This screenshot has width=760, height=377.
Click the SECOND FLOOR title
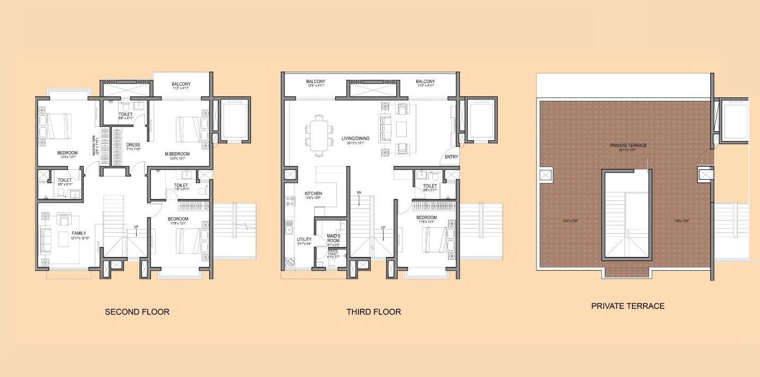[x=137, y=312]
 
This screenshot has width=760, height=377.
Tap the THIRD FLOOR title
[x=373, y=312]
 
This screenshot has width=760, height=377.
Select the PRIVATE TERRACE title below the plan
[x=628, y=306]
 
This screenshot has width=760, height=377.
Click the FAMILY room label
[x=78, y=233]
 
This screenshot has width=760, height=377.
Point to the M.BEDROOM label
[x=177, y=154]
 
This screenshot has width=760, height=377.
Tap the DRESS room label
[x=132, y=145]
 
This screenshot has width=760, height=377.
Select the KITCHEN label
[x=313, y=194]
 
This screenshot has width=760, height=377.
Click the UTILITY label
[x=304, y=240]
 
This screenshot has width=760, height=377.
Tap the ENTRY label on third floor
[x=451, y=157]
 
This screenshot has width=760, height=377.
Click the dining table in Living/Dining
[x=318, y=135]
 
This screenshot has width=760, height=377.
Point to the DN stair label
[x=359, y=192]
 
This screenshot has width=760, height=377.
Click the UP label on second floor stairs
[x=136, y=227]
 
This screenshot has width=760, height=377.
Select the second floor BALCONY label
[x=181, y=84]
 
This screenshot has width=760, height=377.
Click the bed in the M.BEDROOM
[x=189, y=130]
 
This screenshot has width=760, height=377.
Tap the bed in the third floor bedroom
[x=435, y=240]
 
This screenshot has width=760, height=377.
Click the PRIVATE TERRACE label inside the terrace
[x=628, y=145]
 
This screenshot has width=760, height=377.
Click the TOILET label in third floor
[x=430, y=186]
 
